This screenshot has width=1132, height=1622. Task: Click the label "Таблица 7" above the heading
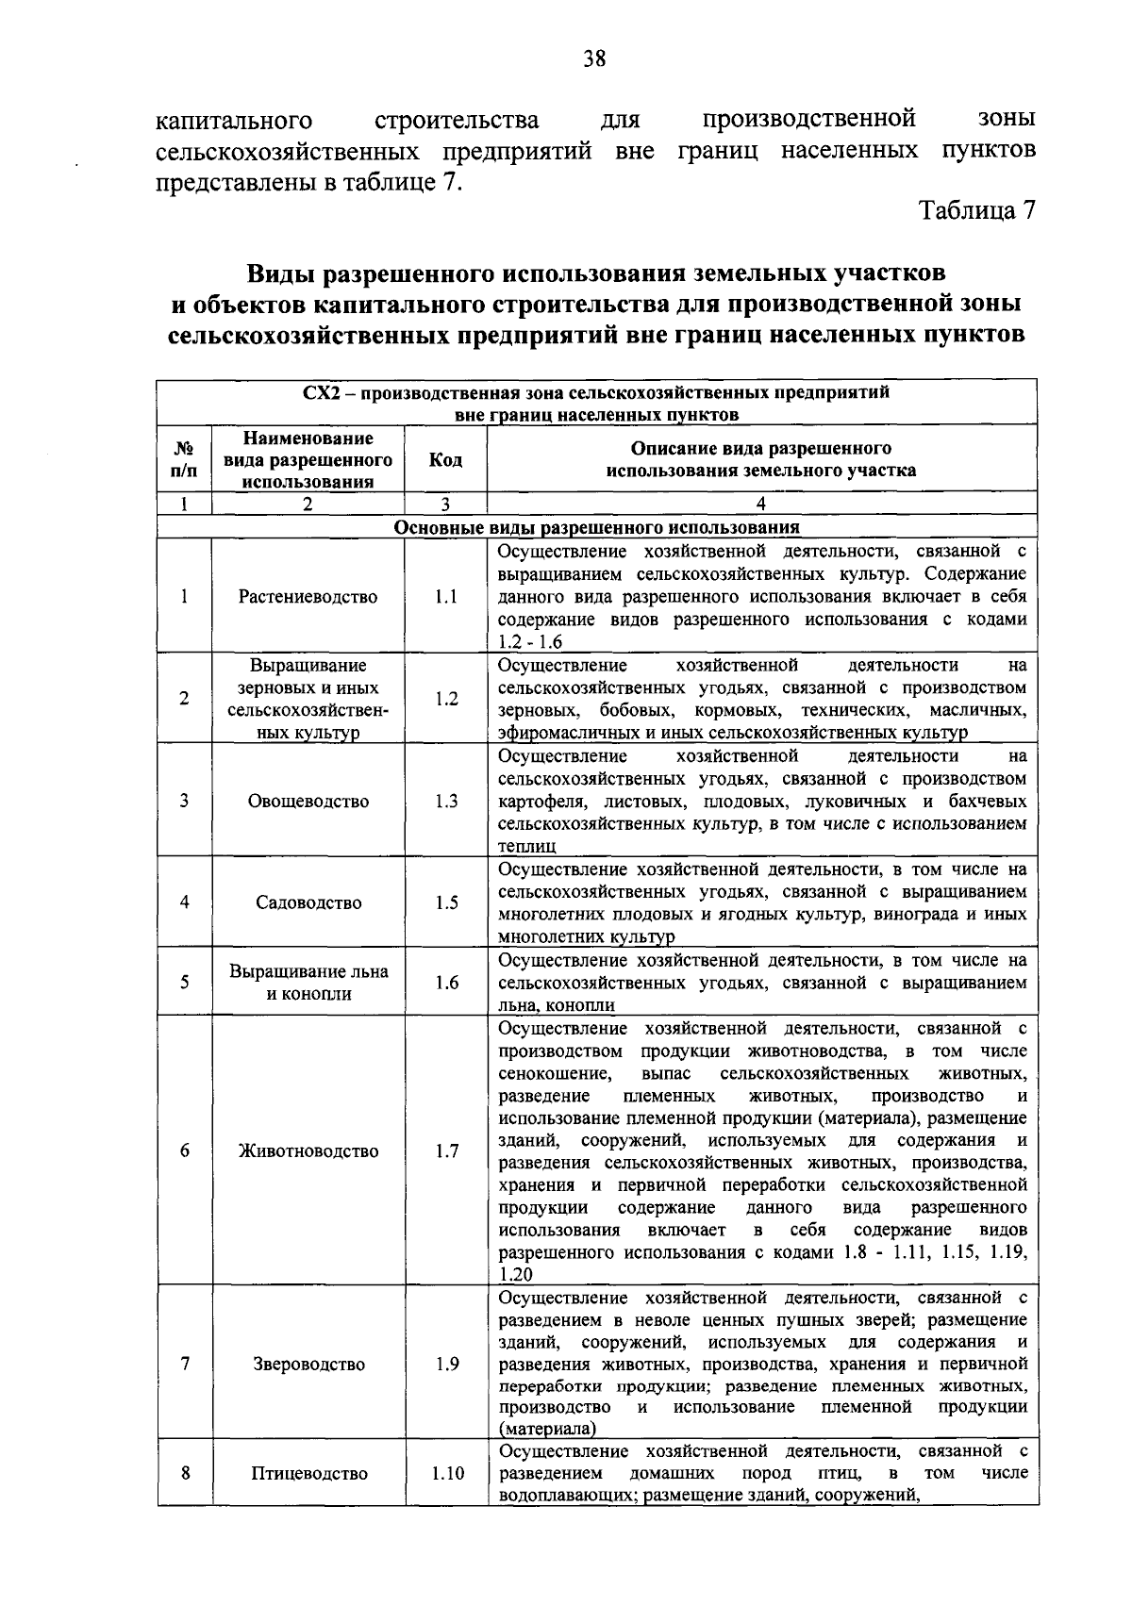click(x=978, y=209)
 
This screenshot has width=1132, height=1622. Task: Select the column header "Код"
click(x=445, y=459)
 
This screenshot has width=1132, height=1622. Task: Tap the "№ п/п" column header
click(x=185, y=459)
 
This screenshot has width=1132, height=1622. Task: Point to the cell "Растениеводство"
click(x=308, y=597)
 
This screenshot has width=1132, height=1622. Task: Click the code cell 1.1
click(x=445, y=597)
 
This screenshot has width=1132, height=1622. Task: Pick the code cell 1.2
click(x=445, y=699)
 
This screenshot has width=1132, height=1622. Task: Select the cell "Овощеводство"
click(x=308, y=802)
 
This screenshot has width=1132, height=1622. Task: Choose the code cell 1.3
click(x=445, y=802)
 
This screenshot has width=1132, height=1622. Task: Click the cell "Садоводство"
click(x=308, y=902)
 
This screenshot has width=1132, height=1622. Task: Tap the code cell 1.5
click(x=445, y=902)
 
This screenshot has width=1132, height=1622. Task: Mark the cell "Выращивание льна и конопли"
click(x=308, y=983)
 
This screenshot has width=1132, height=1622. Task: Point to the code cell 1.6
click(x=445, y=983)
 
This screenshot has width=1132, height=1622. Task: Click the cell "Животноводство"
click(x=308, y=1150)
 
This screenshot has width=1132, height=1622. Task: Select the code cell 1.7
click(x=445, y=1150)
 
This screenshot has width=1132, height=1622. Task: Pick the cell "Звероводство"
click(x=308, y=1365)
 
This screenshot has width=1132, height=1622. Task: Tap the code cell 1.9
click(x=445, y=1365)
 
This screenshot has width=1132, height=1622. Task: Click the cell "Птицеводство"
click(x=308, y=1473)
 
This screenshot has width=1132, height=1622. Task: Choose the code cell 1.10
click(x=447, y=1473)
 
